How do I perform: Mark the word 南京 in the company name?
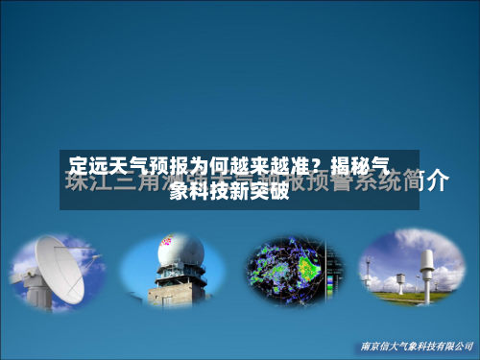[x=366, y=345]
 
